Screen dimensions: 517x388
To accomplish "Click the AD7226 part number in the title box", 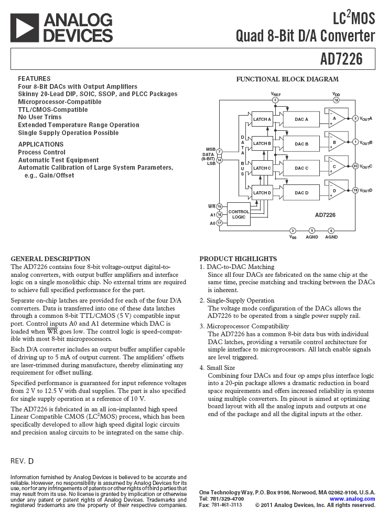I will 341,59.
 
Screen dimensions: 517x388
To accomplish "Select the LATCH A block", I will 262,119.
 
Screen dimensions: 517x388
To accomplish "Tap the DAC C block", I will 301,168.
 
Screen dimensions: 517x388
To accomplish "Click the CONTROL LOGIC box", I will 239,214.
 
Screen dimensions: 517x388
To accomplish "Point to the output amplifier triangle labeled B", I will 336,142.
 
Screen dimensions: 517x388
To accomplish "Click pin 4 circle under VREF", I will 275,100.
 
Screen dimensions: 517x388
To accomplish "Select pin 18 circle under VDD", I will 336,100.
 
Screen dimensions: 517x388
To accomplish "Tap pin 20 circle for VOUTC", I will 355,166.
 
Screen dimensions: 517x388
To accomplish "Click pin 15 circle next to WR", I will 219,206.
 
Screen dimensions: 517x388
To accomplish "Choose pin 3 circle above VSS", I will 293,230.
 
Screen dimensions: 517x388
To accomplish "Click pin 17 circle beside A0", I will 219,223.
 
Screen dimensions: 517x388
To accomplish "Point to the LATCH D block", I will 262,193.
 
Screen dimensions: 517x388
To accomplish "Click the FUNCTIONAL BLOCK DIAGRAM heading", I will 287,79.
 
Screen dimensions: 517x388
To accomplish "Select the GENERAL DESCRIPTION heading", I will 50,259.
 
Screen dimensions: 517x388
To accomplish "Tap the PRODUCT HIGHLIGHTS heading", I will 238,259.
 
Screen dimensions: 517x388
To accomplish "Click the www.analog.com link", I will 352,499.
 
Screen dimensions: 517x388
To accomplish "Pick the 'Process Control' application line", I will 42,152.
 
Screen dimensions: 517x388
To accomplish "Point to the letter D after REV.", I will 31,461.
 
